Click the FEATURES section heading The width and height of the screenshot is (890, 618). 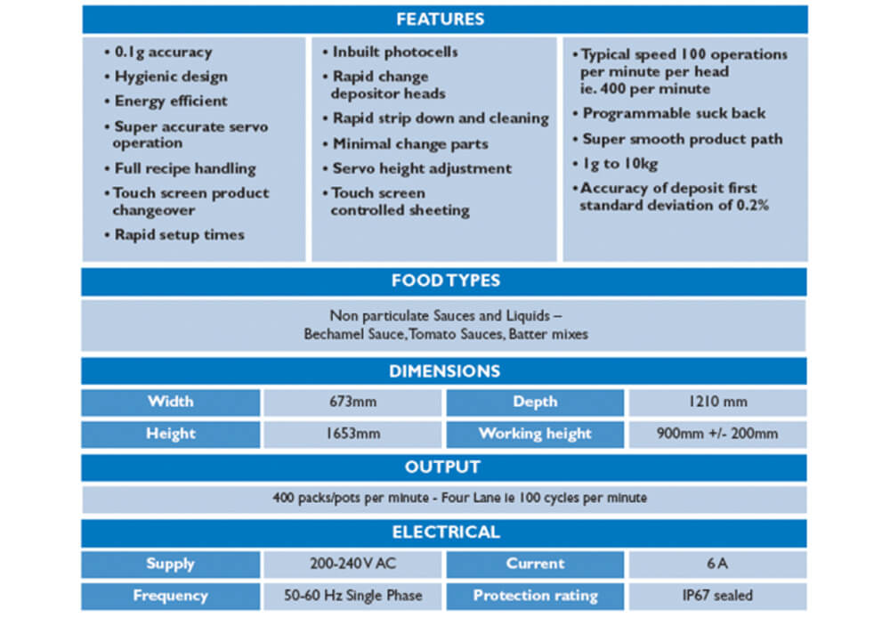coord(441,20)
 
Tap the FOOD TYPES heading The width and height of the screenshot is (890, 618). coord(446,281)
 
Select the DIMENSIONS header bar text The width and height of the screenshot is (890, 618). coord(444,371)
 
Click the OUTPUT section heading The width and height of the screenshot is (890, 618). coord(442,467)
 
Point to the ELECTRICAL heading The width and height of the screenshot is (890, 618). coord(446,533)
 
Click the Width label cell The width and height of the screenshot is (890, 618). coord(171,403)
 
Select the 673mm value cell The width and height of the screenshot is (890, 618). coord(352,403)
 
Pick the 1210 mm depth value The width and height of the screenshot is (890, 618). coord(717,403)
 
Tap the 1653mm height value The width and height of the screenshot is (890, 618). coord(352,434)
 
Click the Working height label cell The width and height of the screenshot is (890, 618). coord(535,434)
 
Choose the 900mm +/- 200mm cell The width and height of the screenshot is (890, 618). coord(717,434)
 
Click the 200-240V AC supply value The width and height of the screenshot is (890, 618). coord(352,564)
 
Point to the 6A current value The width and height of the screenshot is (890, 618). coord(717,564)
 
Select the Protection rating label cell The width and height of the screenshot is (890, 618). coord(535,596)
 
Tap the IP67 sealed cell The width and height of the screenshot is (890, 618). coord(717,596)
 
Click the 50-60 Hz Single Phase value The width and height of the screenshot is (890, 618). coord(352,596)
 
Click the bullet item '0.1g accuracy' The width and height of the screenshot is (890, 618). coord(158,53)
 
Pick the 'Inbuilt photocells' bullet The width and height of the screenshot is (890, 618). coord(391,53)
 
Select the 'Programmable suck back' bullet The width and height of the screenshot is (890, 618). coord(669,114)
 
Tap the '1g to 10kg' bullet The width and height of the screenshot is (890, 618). coord(615,164)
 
